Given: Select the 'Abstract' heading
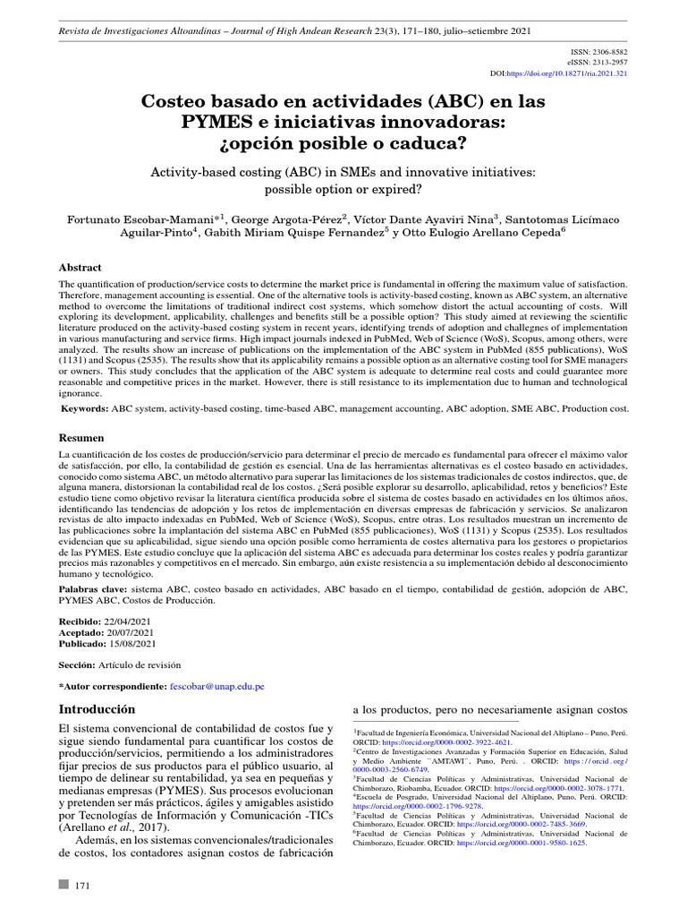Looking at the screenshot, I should pos(80,268).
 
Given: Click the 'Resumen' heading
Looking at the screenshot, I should pos(81,438).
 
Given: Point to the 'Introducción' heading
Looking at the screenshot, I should pos(97,708).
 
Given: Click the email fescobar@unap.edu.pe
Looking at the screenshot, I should pos(216,686).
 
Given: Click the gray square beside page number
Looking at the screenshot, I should pos(63,885).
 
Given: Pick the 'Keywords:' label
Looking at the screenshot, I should pos(84,408).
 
